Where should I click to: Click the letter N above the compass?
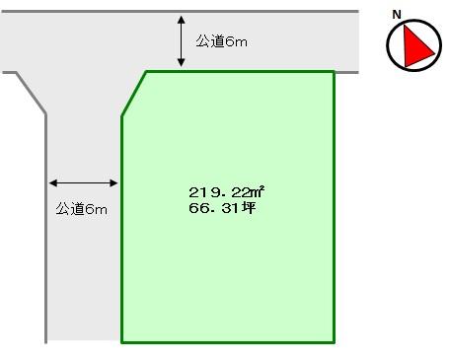(397, 14)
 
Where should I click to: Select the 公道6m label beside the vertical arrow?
(220, 41)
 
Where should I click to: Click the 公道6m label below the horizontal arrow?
(81, 209)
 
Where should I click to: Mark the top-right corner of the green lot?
(334, 71)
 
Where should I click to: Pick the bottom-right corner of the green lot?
(334, 341)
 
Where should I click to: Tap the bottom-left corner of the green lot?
(122, 341)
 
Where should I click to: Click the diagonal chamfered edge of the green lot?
(134, 94)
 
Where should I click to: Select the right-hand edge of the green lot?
(334, 207)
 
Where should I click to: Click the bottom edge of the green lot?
(227, 341)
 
